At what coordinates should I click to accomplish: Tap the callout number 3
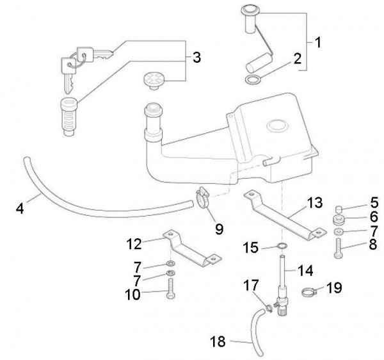[x=196, y=58]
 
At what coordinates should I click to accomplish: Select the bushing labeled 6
[x=339, y=220]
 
